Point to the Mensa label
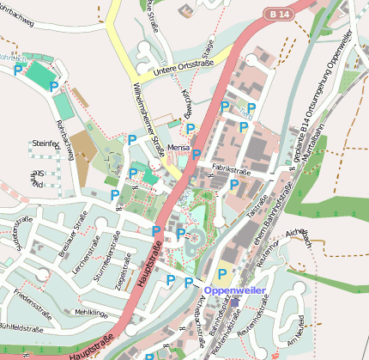point(179,149)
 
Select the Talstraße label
point(257,206)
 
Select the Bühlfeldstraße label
point(23,327)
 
